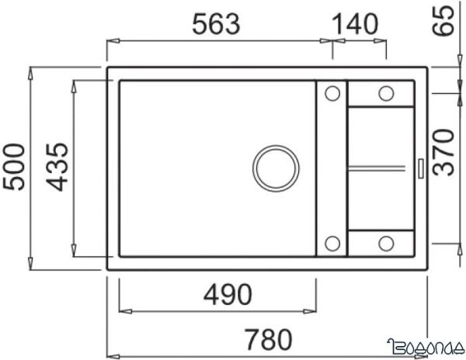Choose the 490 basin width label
218,295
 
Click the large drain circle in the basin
275,167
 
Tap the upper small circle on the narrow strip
332,94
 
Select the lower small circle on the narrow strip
332,243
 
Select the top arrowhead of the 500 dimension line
31,73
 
